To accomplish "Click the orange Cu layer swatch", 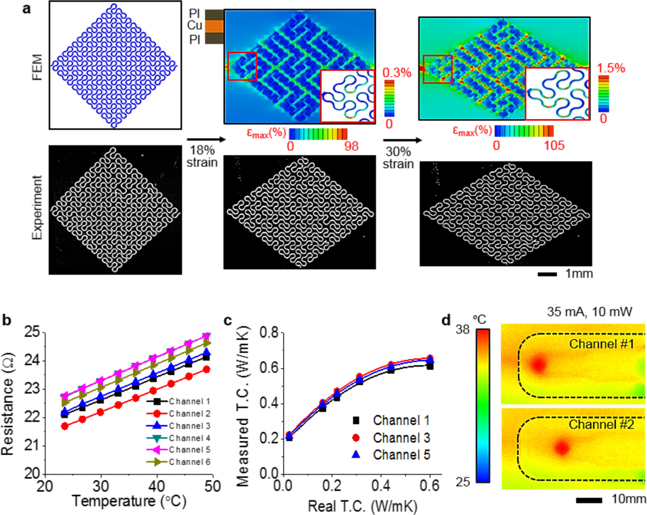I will pos(214,26).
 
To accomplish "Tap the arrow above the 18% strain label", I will pos(206,139).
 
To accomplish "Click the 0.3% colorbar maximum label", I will pos(397,72).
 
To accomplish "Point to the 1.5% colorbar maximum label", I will pos(611,68).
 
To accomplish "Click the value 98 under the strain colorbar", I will pos(351,146).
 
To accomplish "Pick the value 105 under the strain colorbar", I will pos(554,145).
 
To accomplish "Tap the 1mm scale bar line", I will pos(547,274).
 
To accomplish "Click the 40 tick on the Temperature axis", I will pos(157,486).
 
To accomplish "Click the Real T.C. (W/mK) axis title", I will pos(362,506).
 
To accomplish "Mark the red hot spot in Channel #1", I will pos(538,364).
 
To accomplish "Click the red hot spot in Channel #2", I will pos(562,447).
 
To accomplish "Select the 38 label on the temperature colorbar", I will pos(462,330).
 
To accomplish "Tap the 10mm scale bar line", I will pos(589,500).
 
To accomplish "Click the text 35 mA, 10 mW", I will pos(589,311).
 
